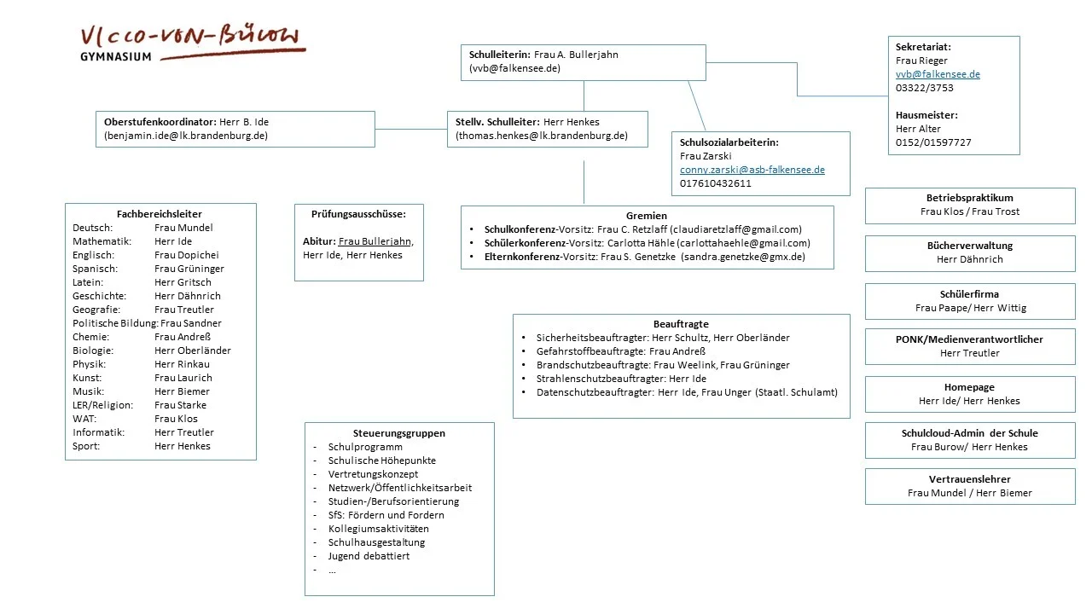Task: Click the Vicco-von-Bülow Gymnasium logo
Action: coord(189,43)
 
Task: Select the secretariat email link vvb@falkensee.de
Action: coord(938,74)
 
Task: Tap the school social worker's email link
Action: coord(752,170)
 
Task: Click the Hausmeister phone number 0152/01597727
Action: coord(933,142)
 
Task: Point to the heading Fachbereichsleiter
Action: coord(160,214)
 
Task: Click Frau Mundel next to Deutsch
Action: coord(183,228)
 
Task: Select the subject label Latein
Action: coord(88,282)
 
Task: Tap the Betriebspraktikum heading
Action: coord(970,198)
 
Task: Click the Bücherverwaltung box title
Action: coord(970,246)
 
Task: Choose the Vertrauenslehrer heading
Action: coord(970,479)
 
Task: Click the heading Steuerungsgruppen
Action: coord(399,433)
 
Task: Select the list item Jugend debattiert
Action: coord(369,556)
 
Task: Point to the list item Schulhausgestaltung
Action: coord(376,542)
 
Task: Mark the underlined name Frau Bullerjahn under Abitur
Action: coord(375,241)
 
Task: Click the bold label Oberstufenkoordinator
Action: coord(160,122)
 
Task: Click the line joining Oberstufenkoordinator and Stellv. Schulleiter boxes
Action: coord(410,130)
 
